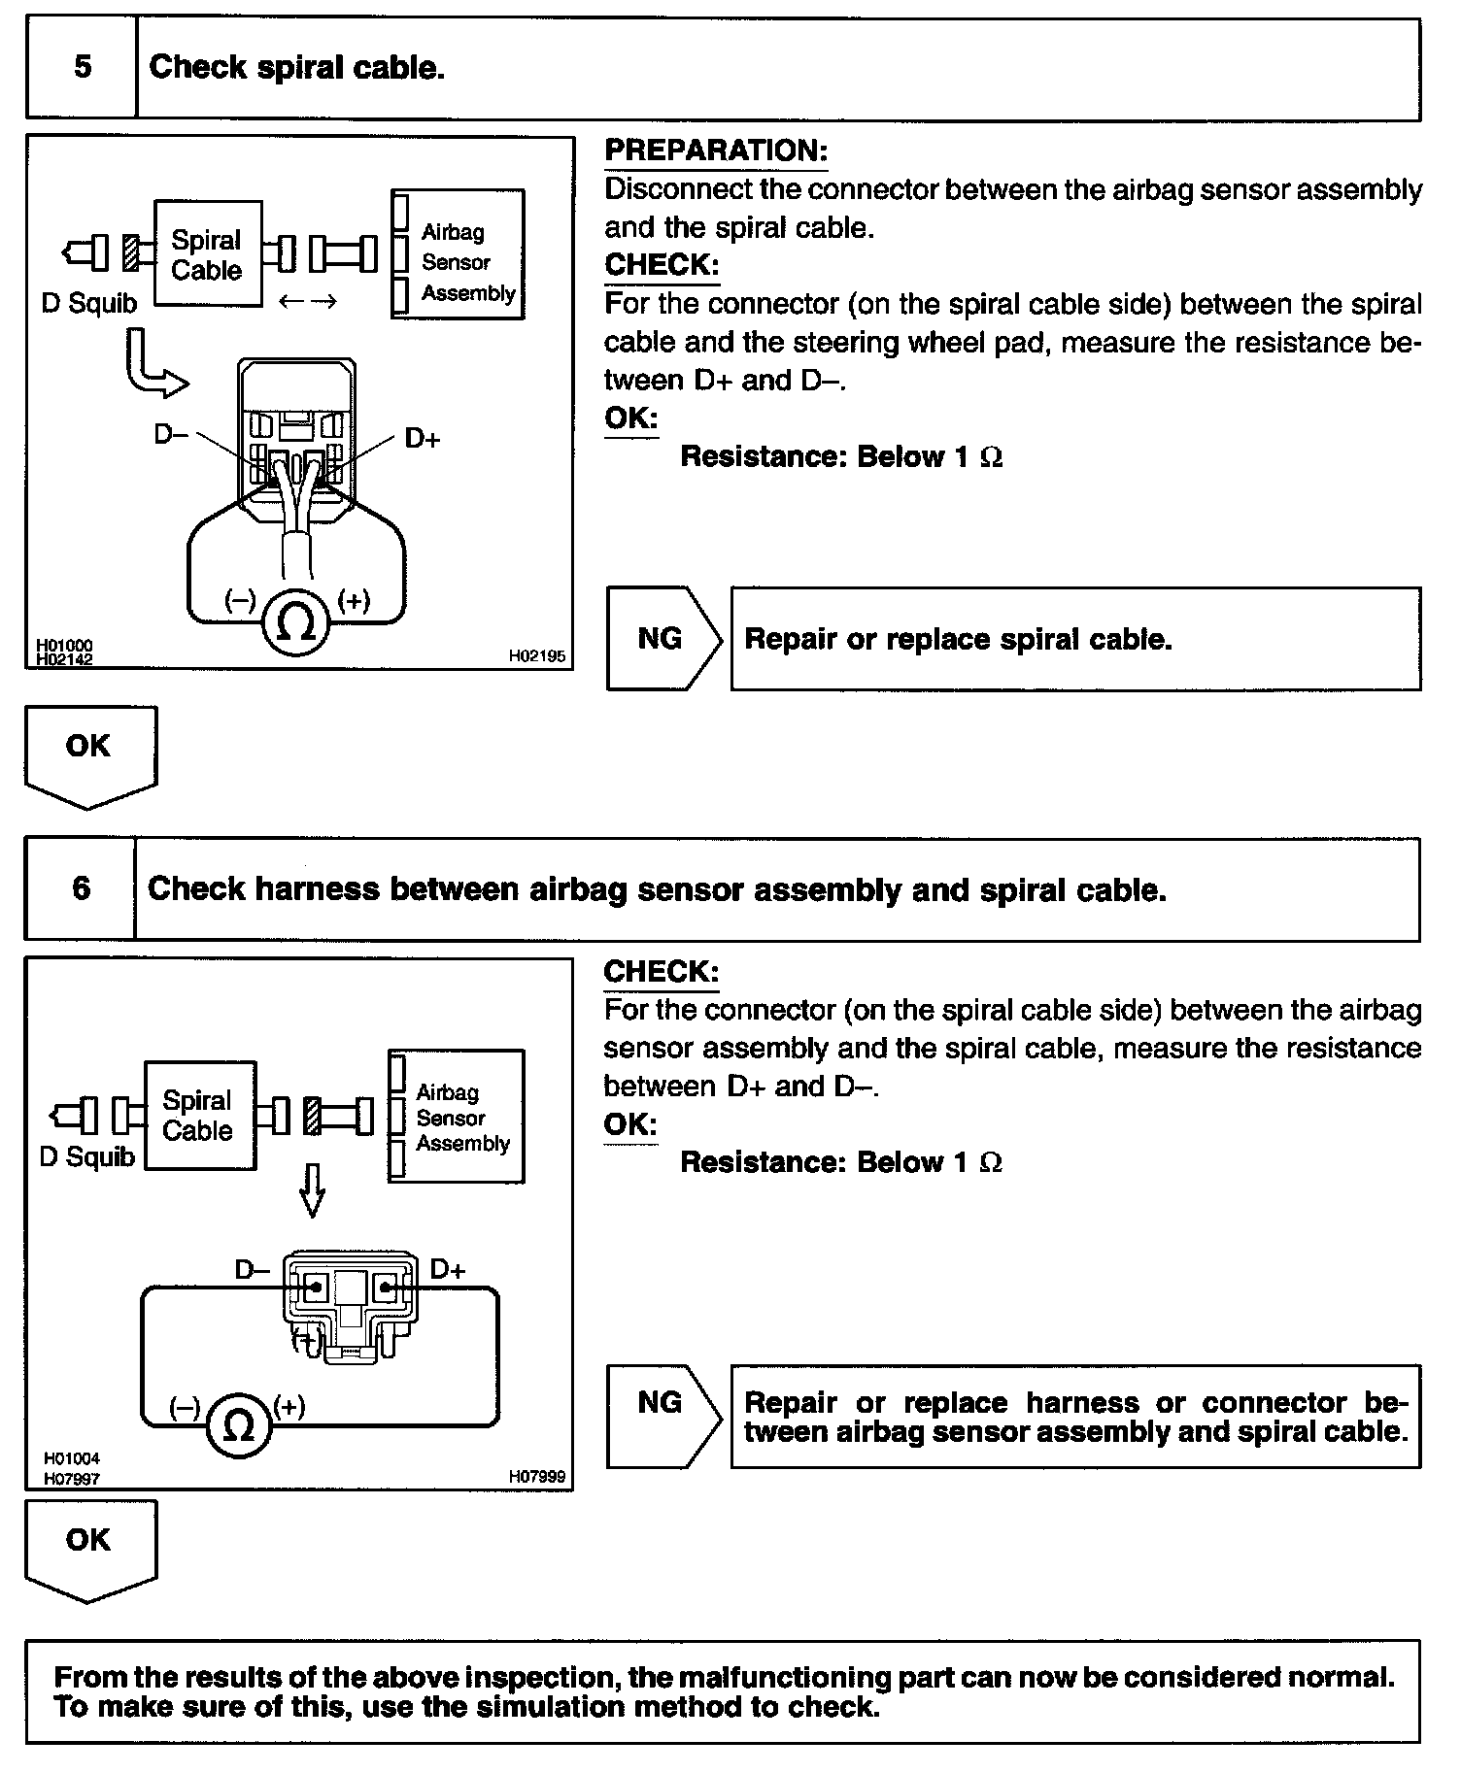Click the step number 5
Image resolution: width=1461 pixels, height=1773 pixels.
[x=83, y=67]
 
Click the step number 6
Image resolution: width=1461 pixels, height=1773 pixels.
[x=82, y=888]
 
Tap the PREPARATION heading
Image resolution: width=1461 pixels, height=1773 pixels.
[x=716, y=151]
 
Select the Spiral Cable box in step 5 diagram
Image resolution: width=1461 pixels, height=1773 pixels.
[x=207, y=254]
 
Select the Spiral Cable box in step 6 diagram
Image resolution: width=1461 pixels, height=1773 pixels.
[x=199, y=1116]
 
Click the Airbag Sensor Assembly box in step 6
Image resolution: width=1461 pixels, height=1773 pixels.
[x=457, y=1117]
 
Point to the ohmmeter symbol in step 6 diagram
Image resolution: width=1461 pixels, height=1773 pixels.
[x=238, y=1424]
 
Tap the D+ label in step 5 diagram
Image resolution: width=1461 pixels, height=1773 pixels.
[x=423, y=440]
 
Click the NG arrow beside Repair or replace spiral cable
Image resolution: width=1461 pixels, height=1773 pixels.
[x=663, y=639]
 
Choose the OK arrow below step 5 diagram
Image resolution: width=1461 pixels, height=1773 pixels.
[x=89, y=754]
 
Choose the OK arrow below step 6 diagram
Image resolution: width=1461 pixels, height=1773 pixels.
[x=89, y=1548]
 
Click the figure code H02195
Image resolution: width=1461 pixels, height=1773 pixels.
[x=537, y=656]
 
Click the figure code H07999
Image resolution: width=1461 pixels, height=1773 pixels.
[x=537, y=1477]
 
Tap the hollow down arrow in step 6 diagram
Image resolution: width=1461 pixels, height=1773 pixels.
[x=312, y=1188]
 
